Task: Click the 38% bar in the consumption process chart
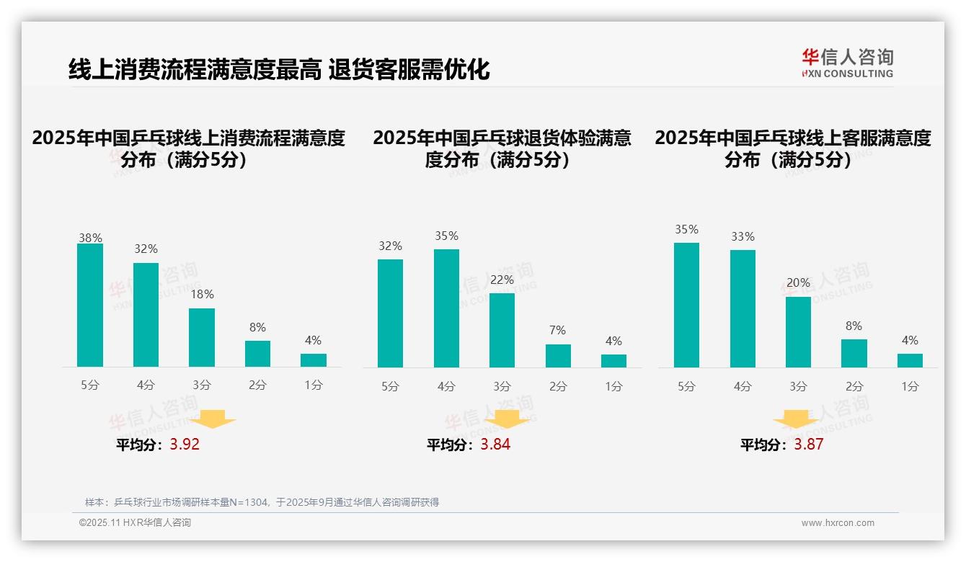click(x=90, y=305)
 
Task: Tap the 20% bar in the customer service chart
click(x=798, y=332)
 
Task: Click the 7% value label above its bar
click(x=557, y=330)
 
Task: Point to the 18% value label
click(x=202, y=294)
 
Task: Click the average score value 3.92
click(x=185, y=445)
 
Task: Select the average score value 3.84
click(x=495, y=445)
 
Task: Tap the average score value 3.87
click(x=808, y=445)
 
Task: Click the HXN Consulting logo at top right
click(x=847, y=63)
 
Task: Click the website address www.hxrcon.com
click(x=838, y=523)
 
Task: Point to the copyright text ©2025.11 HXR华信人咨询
click(x=135, y=523)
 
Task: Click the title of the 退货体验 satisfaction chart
click(x=502, y=148)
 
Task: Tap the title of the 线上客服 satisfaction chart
click(x=792, y=148)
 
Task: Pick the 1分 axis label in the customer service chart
click(x=910, y=386)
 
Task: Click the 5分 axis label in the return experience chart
click(x=390, y=386)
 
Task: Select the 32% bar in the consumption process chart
click(x=146, y=315)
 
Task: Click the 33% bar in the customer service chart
click(x=743, y=308)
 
